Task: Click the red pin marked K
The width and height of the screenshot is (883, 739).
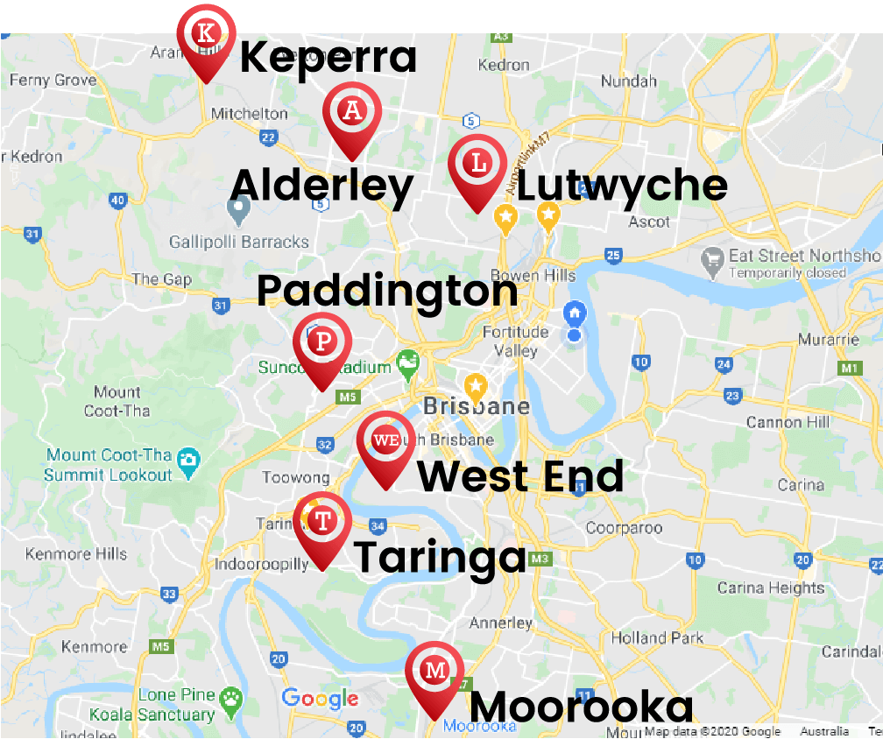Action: [206, 36]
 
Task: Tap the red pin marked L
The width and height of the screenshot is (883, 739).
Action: [478, 164]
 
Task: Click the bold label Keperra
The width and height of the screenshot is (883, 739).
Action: [328, 57]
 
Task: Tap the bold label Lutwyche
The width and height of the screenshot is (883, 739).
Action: [622, 187]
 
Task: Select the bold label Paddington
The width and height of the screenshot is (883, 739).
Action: [387, 291]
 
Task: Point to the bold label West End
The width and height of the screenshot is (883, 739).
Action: [520, 477]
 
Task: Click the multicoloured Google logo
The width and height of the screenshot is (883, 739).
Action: [320, 698]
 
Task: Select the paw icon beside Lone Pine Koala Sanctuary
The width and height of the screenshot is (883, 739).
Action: [231, 698]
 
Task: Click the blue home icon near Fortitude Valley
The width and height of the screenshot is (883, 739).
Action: [575, 312]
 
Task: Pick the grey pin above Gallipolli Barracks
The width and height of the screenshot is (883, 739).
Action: [238, 210]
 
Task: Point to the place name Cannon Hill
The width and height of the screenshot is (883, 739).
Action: [787, 422]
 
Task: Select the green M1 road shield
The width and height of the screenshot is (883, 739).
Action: [849, 369]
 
